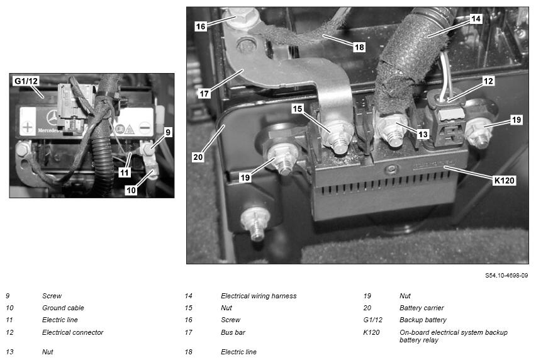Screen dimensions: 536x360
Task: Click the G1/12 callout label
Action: point(26,81)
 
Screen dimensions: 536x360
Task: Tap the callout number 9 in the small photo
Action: point(167,132)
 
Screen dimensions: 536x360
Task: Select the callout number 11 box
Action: point(125,172)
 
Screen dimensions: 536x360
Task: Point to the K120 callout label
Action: point(504,180)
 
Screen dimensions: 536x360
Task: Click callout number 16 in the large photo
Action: point(201,26)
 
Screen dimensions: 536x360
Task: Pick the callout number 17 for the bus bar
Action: point(204,93)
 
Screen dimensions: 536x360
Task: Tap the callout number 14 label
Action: point(476,18)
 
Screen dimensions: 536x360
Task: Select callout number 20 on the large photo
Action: point(198,157)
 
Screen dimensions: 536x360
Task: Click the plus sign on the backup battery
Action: point(27,128)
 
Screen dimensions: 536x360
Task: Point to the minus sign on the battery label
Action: point(145,128)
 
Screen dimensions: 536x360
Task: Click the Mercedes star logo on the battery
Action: point(52,118)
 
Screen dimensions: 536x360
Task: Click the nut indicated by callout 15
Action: point(338,137)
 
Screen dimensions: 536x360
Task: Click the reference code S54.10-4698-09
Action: point(506,275)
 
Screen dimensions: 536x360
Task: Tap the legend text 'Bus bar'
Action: point(233,332)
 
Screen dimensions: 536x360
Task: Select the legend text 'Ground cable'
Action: point(63,308)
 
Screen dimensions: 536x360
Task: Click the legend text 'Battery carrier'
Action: point(422,308)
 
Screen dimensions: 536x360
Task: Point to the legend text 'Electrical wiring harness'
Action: point(259,296)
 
